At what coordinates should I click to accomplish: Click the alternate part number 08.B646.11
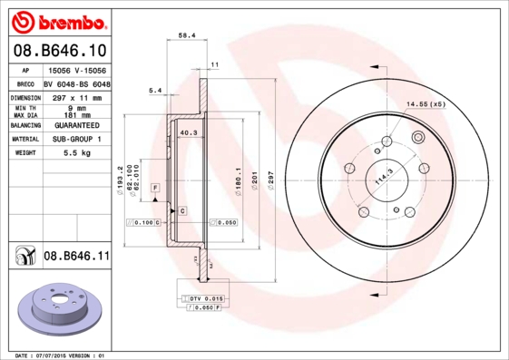[x=76, y=257]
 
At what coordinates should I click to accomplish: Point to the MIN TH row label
[x=24, y=108]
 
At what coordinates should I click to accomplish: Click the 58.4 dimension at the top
[x=187, y=35]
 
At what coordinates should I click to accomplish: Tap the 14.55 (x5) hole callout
[x=426, y=104]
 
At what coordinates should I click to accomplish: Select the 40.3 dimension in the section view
[x=190, y=133]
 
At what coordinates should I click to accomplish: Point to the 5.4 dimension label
[x=154, y=91]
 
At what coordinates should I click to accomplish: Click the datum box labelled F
[x=156, y=186]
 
